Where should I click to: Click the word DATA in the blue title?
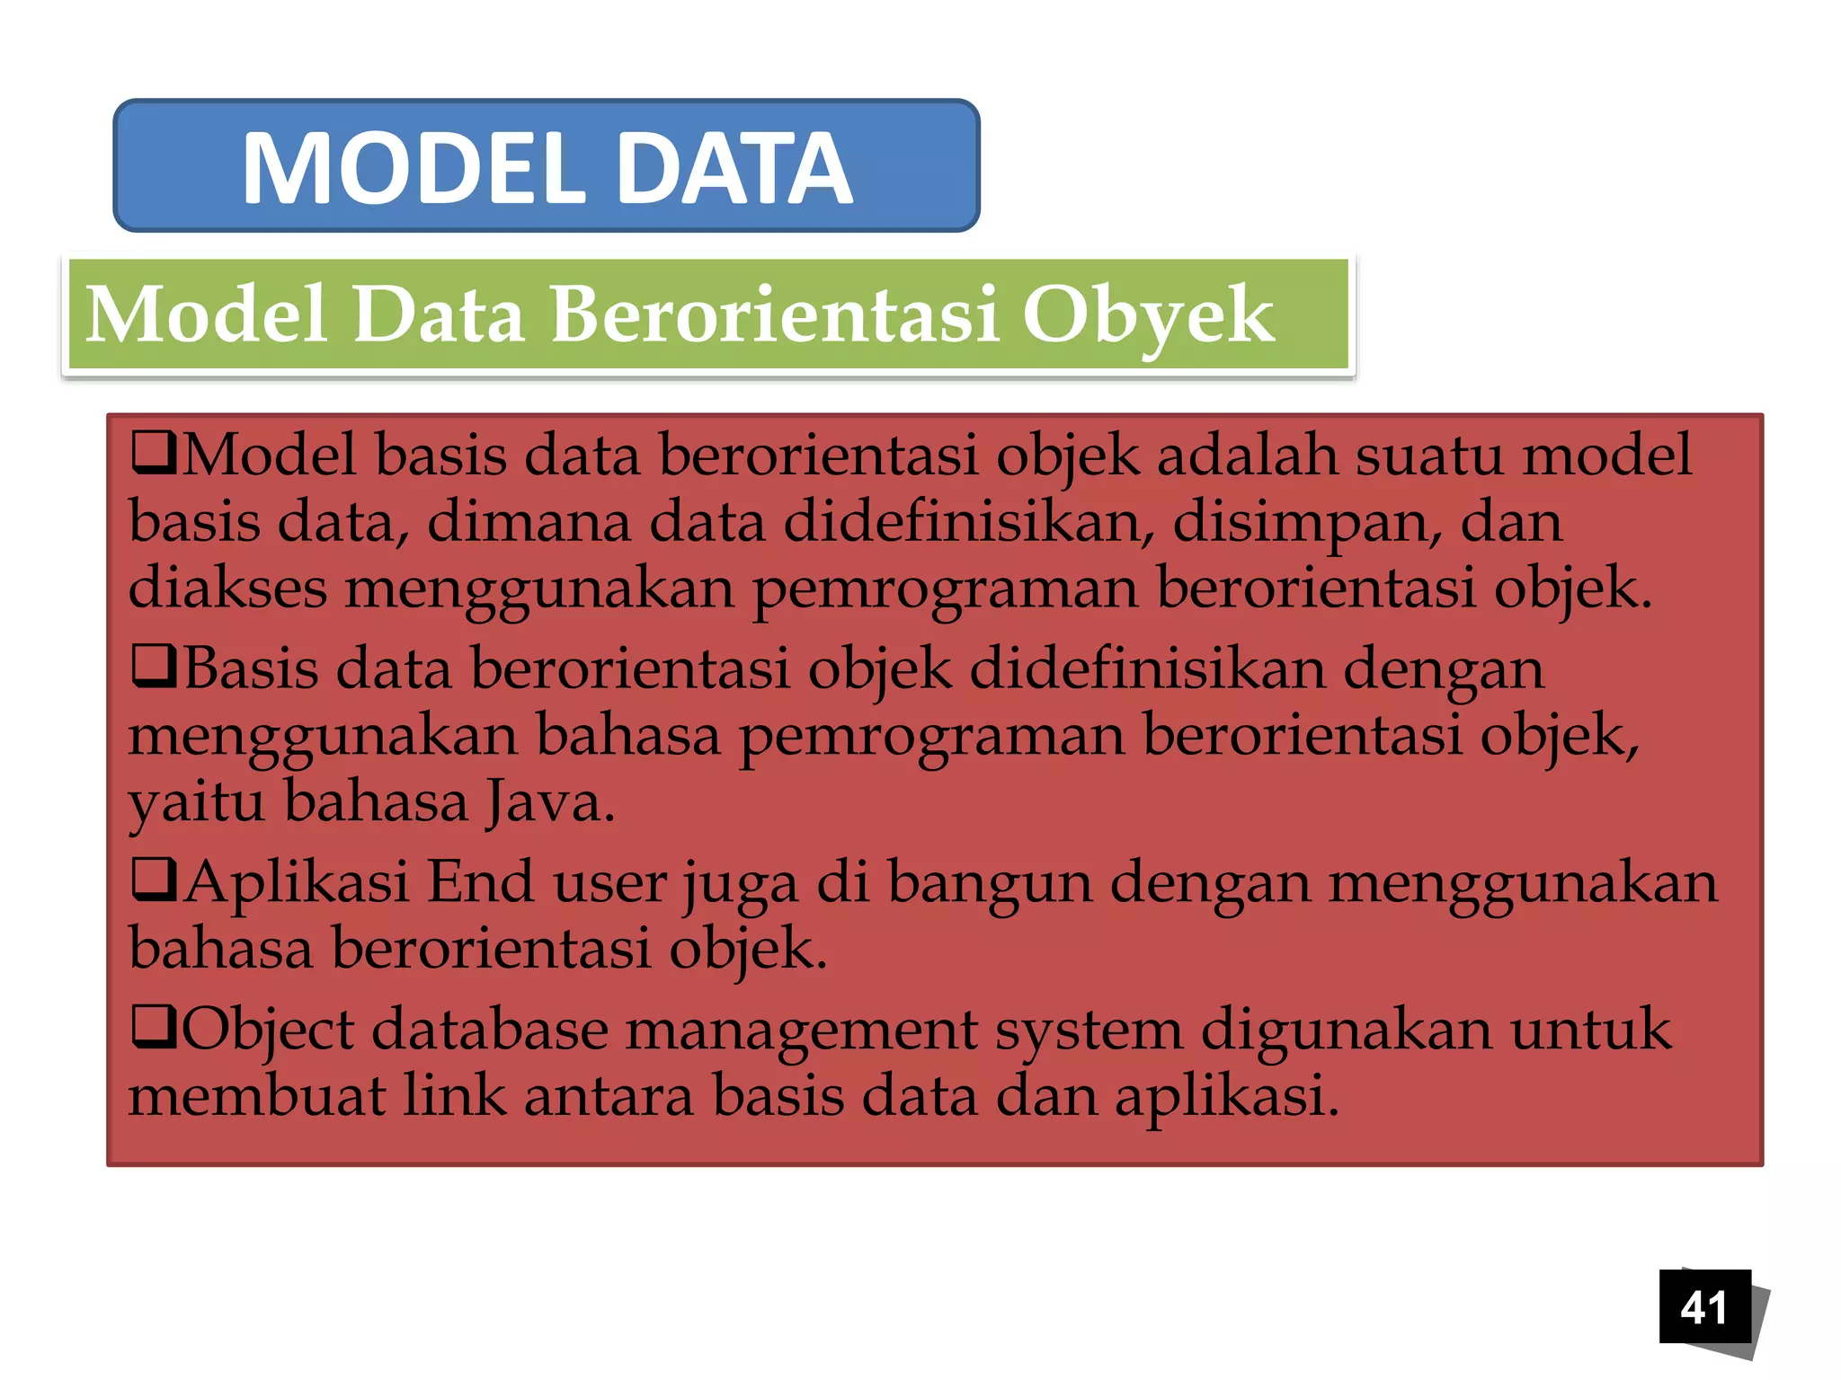[x=734, y=168]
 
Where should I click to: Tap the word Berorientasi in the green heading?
[x=775, y=314]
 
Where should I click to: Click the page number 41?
[x=1703, y=1307]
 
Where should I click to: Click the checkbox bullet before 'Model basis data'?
[x=154, y=454]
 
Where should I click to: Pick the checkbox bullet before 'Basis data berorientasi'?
[x=154, y=668]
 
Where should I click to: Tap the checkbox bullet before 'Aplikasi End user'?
[x=154, y=880]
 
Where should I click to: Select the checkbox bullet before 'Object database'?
[x=154, y=1029]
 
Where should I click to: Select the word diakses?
[x=227, y=588]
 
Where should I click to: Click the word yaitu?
[x=196, y=803]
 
